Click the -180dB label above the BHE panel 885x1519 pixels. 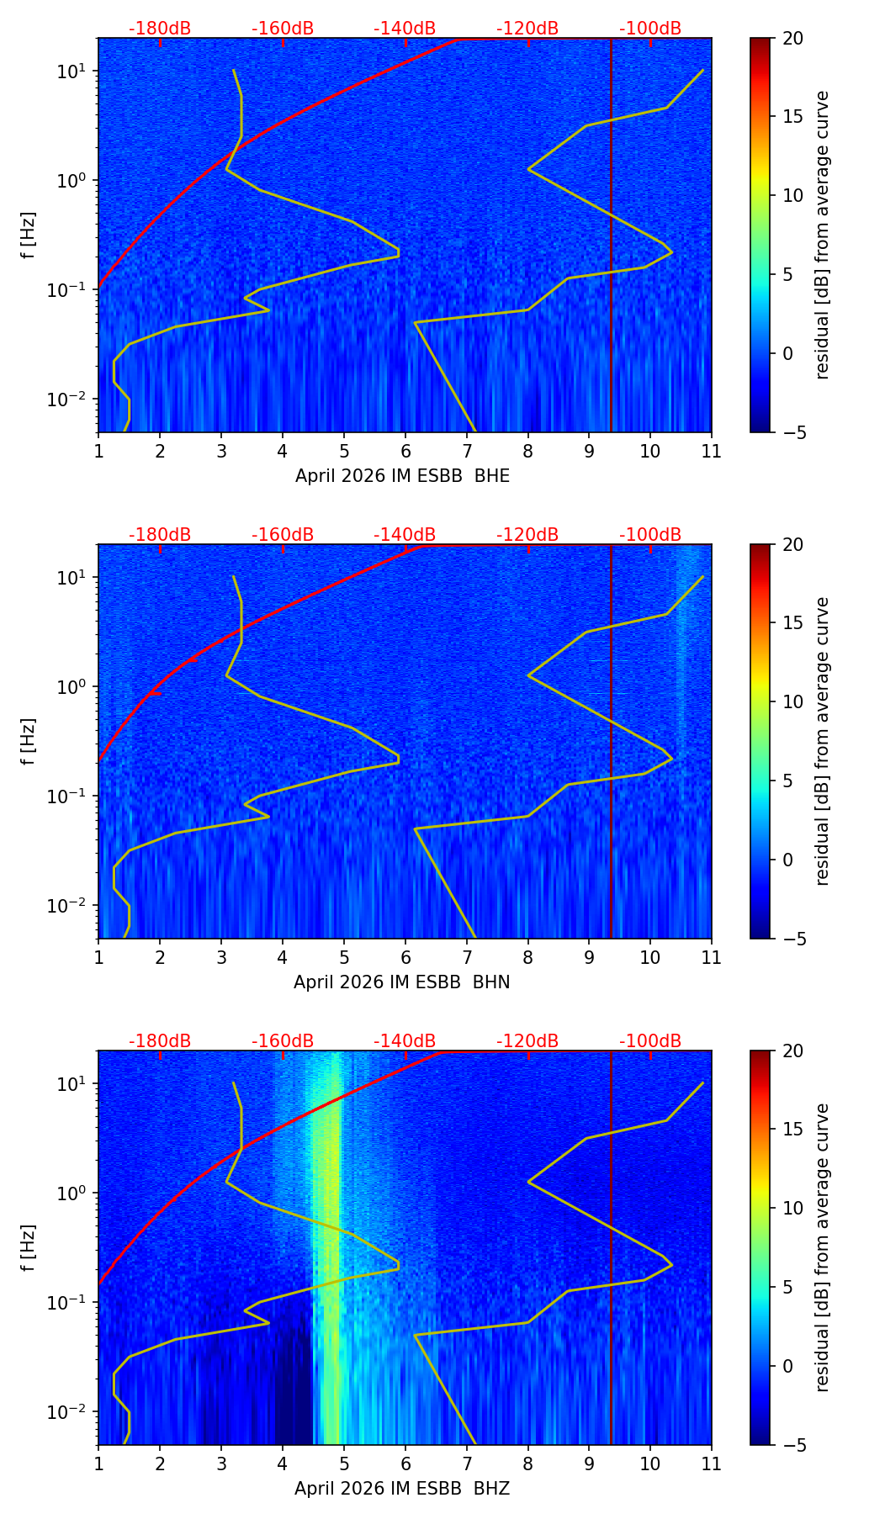click(160, 29)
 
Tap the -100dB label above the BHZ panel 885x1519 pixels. click(650, 1041)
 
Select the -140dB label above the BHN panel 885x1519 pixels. click(405, 535)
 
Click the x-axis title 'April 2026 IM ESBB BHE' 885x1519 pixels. click(402, 476)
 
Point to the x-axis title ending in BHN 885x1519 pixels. click(402, 982)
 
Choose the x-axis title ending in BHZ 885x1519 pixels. click(402, 1489)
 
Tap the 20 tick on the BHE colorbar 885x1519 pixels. click(792, 39)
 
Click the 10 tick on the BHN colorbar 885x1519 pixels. click(792, 702)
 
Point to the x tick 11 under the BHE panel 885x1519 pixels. click(711, 451)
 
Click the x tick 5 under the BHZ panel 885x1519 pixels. click(343, 1463)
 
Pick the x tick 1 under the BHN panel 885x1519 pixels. click(98, 957)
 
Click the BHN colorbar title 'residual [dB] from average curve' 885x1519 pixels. click(823, 741)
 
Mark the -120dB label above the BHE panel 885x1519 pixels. click(527, 29)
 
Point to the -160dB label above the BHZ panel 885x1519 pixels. click(283, 1041)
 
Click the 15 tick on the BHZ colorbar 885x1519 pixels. click(792, 1130)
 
